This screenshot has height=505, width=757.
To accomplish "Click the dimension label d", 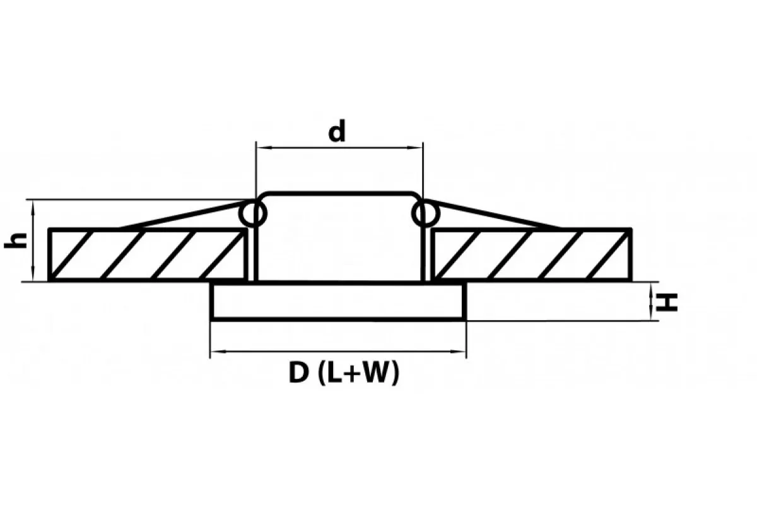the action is tap(337, 131).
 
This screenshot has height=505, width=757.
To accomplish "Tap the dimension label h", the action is tap(16, 241).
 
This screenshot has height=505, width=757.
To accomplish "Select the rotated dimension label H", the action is tap(666, 302).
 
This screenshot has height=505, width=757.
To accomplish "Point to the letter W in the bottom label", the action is tap(376, 372).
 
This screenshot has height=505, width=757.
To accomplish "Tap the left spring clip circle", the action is tap(253, 214).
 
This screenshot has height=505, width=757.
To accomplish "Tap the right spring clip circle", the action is tap(426, 214).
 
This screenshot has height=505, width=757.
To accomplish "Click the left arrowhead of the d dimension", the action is tap(264, 148).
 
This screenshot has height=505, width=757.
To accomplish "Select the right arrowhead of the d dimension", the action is tap(415, 148).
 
